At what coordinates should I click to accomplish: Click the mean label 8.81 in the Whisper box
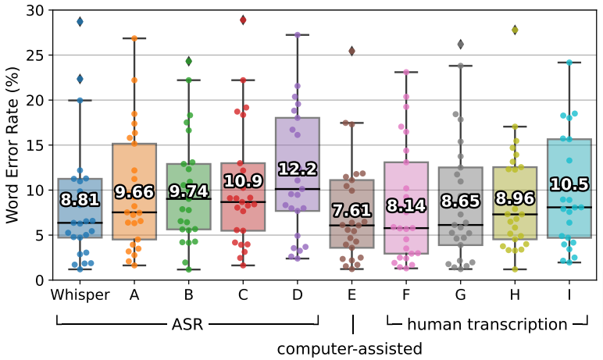tap(80, 199)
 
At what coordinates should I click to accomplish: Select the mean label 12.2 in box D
tap(297, 169)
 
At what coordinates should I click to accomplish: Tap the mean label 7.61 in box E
tap(351, 210)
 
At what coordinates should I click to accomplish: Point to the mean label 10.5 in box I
tap(569, 184)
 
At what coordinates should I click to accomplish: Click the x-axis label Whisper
tap(80, 295)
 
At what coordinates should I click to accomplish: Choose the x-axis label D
tap(297, 295)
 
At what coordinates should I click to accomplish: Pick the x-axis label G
tap(460, 295)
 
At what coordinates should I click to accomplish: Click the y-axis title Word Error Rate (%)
tap(13, 144)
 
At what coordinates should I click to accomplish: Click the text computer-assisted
tap(349, 348)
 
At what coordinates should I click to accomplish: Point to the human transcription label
tap(487, 324)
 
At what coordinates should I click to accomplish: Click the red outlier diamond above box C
tap(243, 20)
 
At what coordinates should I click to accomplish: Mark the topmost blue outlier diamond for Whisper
tap(80, 22)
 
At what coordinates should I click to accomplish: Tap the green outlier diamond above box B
tap(188, 61)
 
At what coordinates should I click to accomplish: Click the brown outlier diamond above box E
tap(351, 51)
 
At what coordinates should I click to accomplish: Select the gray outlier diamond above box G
tap(460, 45)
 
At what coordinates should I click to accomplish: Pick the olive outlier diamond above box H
tap(515, 30)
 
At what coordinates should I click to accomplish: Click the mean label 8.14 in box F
tap(406, 205)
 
